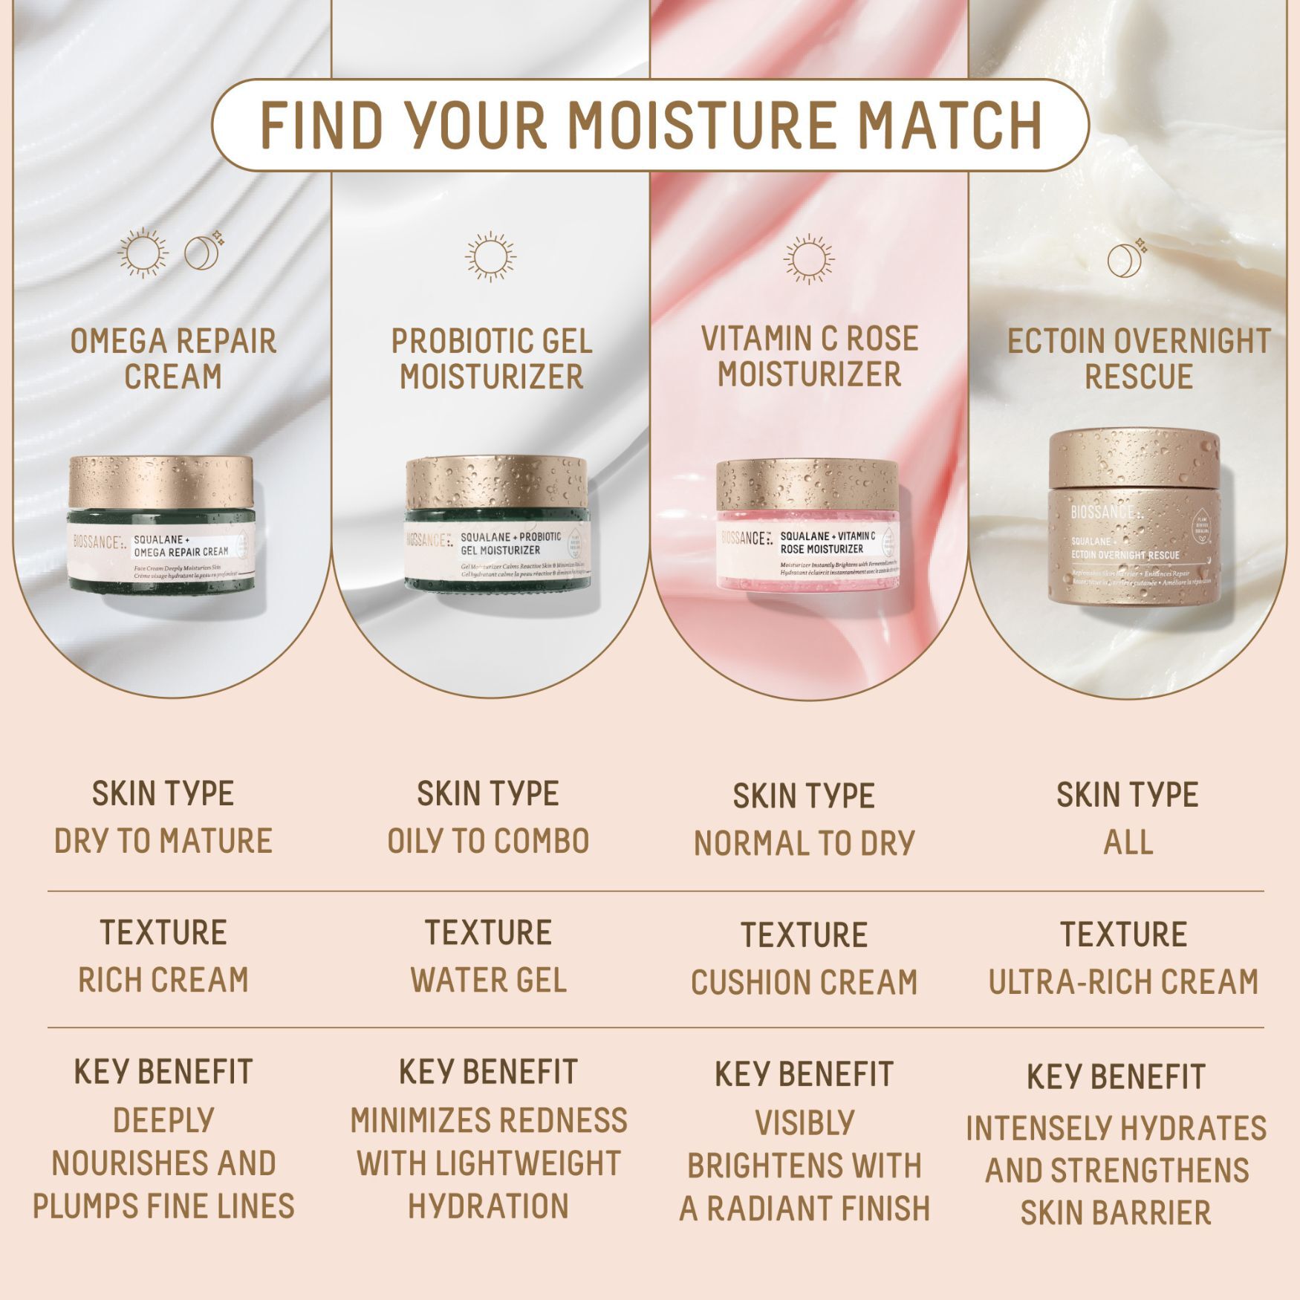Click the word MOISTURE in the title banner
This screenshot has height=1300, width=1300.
pyautogui.click(x=703, y=124)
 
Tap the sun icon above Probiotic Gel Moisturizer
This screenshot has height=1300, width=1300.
pyautogui.click(x=490, y=257)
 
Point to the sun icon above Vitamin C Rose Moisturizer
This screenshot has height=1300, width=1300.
pyautogui.click(x=808, y=259)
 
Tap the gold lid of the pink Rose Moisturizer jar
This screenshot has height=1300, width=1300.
pyautogui.click(x=807, y=484)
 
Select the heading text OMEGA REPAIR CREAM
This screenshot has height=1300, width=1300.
pyautogui.click(x=173, y=358)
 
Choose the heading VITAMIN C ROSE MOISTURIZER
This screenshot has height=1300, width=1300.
pyautogui.click(x=809, y=356)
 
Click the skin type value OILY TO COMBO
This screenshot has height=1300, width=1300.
pyautogui.click(x=488, y=841)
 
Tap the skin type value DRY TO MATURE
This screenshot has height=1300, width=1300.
pyautogui.click(x=163, y=841)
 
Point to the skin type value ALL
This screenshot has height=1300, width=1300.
pyautogui.click(x=1128, y=842)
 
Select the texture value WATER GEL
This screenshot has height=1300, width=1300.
pyautogui.click(x=488, y=980)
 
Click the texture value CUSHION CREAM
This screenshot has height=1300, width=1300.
pyautogui.click(x=804, y=982)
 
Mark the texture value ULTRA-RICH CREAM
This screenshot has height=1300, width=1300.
pyautogui.click(x=1123, y=981)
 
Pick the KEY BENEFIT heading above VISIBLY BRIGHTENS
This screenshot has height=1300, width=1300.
pyautogui.click(x=804, y=1074)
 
